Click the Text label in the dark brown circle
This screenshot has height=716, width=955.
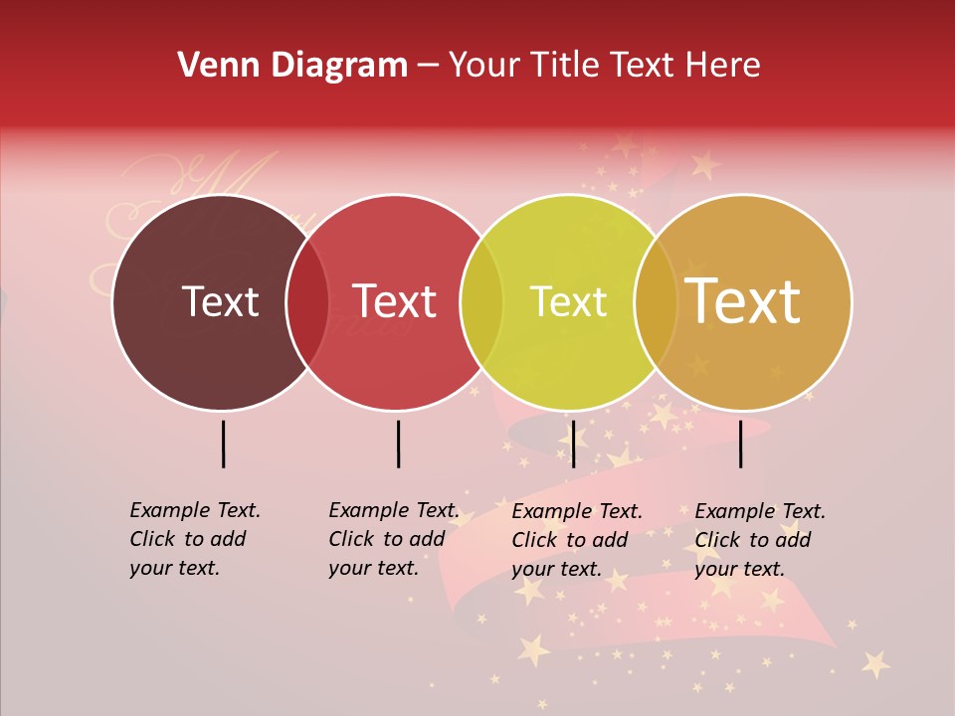pyautogui.click(x=220, y=301)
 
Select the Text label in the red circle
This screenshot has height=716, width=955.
pyautogui.click(x=395, y=301)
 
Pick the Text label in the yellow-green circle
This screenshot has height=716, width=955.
pyautogui.click(x=568, y=301)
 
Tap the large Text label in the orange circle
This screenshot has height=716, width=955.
pyautogui.click(x=743, y=301)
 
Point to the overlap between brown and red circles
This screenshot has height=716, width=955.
pyautogui.click(x=307, y=302)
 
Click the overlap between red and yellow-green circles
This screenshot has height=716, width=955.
pyautogui.click(x=481, y=302)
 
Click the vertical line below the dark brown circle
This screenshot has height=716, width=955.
pyautogui.click(x=224, y=444)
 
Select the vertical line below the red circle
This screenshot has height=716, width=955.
pyautogui.click(x=398, y=444)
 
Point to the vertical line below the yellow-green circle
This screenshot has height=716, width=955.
pyautogui.click(x=573, y=444)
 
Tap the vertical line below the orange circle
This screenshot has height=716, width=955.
pyautogui.click(x=741, y=444)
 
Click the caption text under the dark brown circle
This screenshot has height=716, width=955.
pyautogui.click(x=194, y=539)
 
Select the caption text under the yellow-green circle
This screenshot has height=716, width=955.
pyautogui.click(x=576, y=540)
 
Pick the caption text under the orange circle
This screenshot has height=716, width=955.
pyautogui.click(x=759, y=540)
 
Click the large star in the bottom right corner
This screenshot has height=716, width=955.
pyautogui.click(x=875, y=662)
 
